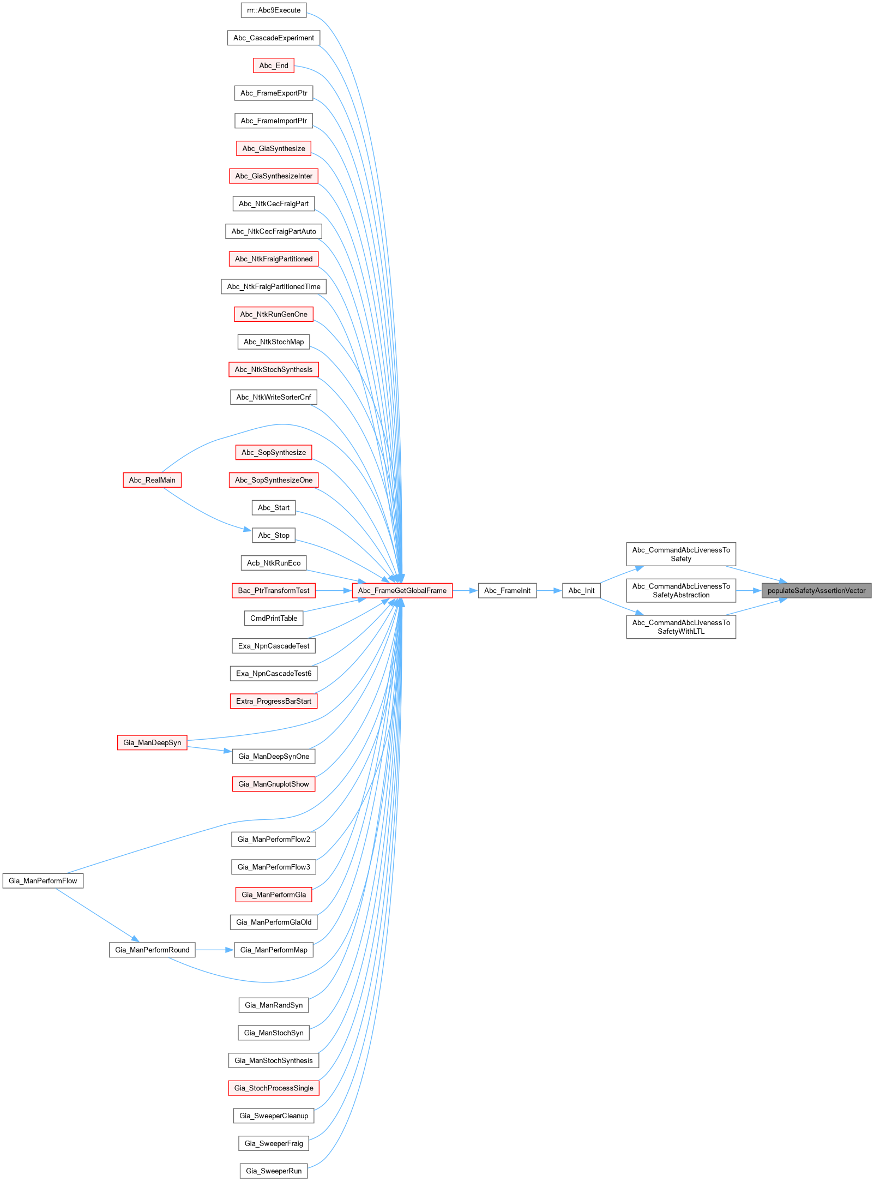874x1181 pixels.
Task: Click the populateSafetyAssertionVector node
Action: (816, 590)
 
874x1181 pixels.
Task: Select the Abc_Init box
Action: (581, 590)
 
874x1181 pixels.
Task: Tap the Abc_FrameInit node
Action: (507, 590)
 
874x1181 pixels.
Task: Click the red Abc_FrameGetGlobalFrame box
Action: (402, 590)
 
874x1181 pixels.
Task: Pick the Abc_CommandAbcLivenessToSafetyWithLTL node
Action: (680, 627)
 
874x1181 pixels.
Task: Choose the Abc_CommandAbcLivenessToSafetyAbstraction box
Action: (680, 590)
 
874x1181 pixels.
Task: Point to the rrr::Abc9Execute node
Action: (274, 10)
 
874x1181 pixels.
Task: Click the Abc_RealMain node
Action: (152, 480)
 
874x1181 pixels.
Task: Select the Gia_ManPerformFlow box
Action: (43, 880)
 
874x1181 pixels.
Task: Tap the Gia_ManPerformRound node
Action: (152, 950)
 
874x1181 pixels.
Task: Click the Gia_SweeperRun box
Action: (274, 1171)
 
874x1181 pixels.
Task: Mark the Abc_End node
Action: (274, 65)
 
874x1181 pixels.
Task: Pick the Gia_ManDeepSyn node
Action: (152, 742)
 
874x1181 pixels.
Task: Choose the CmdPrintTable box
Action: (274, 618)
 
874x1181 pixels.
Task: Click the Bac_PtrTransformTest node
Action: (274, 590)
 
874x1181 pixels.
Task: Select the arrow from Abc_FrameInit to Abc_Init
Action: (549, 590)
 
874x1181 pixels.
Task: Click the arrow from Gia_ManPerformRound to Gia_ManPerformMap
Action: (214, 950)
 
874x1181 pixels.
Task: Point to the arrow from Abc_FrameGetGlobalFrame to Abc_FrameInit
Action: (465, 590)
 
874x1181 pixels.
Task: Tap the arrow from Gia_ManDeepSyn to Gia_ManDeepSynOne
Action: (209, 749)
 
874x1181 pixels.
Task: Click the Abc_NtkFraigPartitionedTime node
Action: (274, 286)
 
